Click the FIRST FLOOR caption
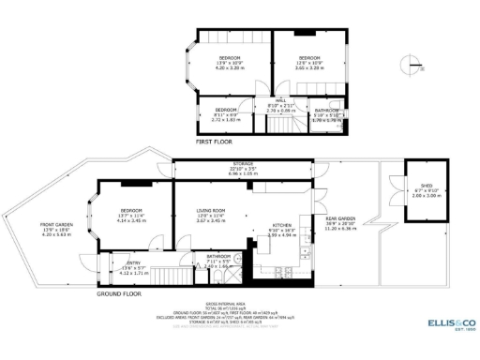(x=215, y=142)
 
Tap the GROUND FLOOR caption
(x=119, y=293)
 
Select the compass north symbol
(x=406, y=67)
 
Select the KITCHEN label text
(x=281, y=226)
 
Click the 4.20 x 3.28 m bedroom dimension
(x=230, y=67)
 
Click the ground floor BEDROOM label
(x=130, y=210)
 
